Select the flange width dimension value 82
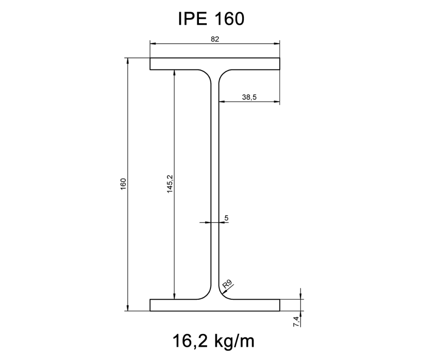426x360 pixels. click(x=215, y=39)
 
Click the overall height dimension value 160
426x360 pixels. click(x=123, y=184)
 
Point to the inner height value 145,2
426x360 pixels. click(x=170, y=184)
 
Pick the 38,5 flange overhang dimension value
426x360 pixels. click(x=249, y=97)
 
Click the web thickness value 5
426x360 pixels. click(x=226, y=217)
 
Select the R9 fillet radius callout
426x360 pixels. click(x=227, y=285)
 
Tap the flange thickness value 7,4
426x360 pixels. click(x=295, y=321)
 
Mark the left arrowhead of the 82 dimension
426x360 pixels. click(x=153, y=43)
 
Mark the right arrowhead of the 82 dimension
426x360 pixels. click(x=277, y=43)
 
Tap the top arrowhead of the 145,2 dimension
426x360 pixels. click(x=175, y=73)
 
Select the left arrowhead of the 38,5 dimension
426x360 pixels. click(x=221, y=101)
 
